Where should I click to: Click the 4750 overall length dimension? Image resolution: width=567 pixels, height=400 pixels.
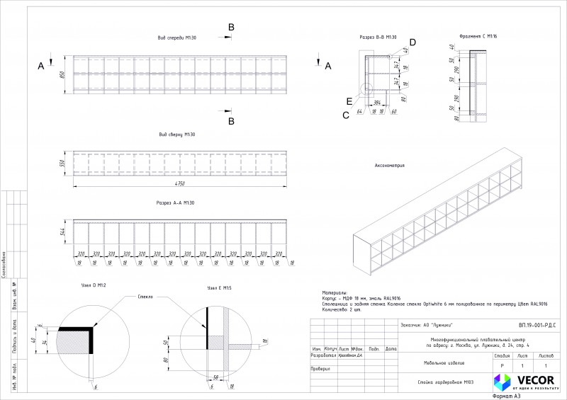pyautogui.click(x=180, y=183)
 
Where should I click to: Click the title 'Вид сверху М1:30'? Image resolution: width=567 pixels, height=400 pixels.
pyautogui.click(x=176, y=134)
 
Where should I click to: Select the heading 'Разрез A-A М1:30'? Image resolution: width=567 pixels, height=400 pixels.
pyautogui.click(x=175, y=203)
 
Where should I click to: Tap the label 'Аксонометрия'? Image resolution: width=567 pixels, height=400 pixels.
pyautogui.click(x=390, y=166)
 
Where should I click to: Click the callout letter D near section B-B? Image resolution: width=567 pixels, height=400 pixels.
pyautogui.click(x=412, y=42)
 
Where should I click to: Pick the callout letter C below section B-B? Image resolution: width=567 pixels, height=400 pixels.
pyautogui.click(x=346, y=115)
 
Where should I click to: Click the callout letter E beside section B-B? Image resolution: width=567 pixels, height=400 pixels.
pyautogui.click(x=349, y=101)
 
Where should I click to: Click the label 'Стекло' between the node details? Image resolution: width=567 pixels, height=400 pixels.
pyautogui.click(x=147, y=297)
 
